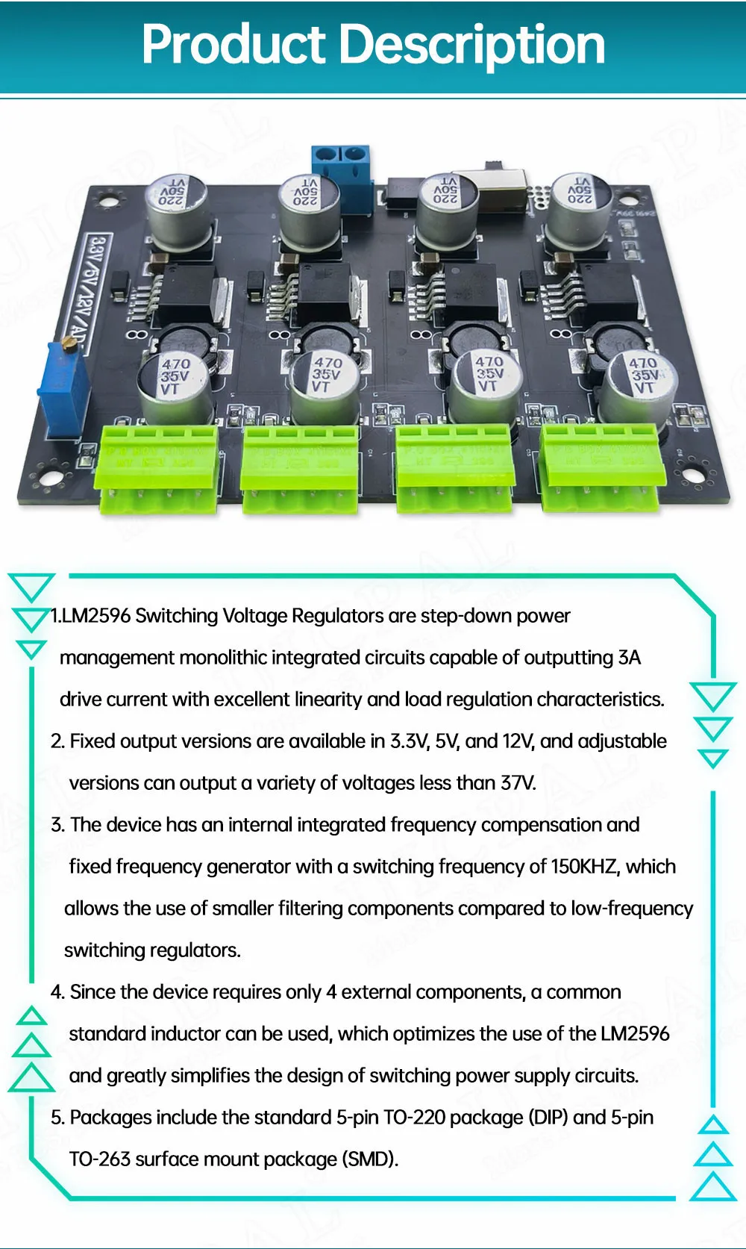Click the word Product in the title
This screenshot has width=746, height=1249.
(233, 45)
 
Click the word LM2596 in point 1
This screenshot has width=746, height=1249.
(96, 616)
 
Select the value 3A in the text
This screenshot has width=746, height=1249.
(629, 658)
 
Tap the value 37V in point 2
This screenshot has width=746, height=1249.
(518, 783)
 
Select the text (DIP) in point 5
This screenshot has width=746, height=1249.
(548, 1118)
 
